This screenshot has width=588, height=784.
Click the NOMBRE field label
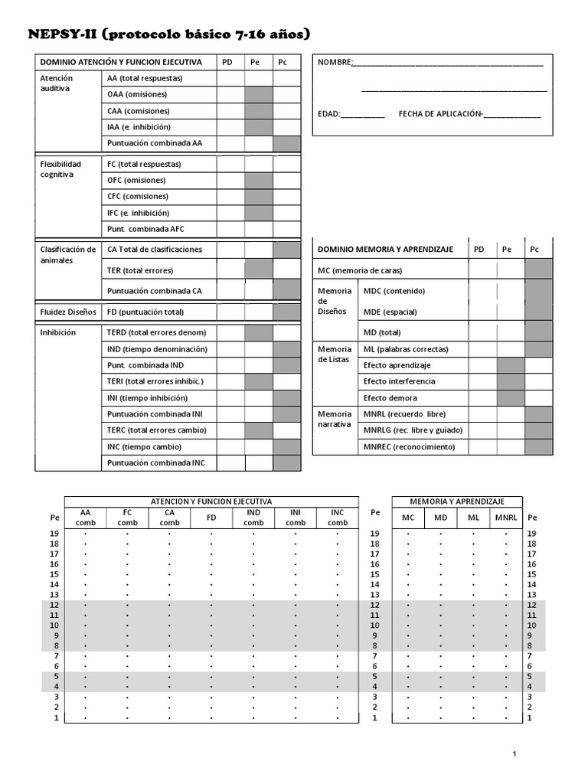click(x=335, y=62)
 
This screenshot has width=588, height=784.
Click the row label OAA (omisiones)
click(x=137, y=94)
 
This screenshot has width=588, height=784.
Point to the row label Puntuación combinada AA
click(x=155, y=143)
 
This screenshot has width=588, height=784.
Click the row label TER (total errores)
click(x=140, y=270)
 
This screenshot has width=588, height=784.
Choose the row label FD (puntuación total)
click(x=145, y=312)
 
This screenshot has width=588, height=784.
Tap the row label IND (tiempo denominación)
click(x=157, y=349)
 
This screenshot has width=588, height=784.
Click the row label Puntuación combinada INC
click(x=156, y=463)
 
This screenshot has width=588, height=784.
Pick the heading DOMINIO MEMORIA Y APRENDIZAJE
click(x=385, y=250)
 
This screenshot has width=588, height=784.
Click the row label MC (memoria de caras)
click(x=360, y=270)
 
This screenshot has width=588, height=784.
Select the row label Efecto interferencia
click(x=399, y=381)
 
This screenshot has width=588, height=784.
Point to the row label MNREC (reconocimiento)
click(x=409, y=447)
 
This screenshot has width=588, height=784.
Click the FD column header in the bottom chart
click(x=211, y=518)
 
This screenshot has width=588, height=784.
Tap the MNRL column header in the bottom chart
click(x=505, y=518)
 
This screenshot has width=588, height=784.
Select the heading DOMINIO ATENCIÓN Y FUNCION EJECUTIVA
click(x=121, y=62)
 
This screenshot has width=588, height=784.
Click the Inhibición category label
click(x=57, y=333)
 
